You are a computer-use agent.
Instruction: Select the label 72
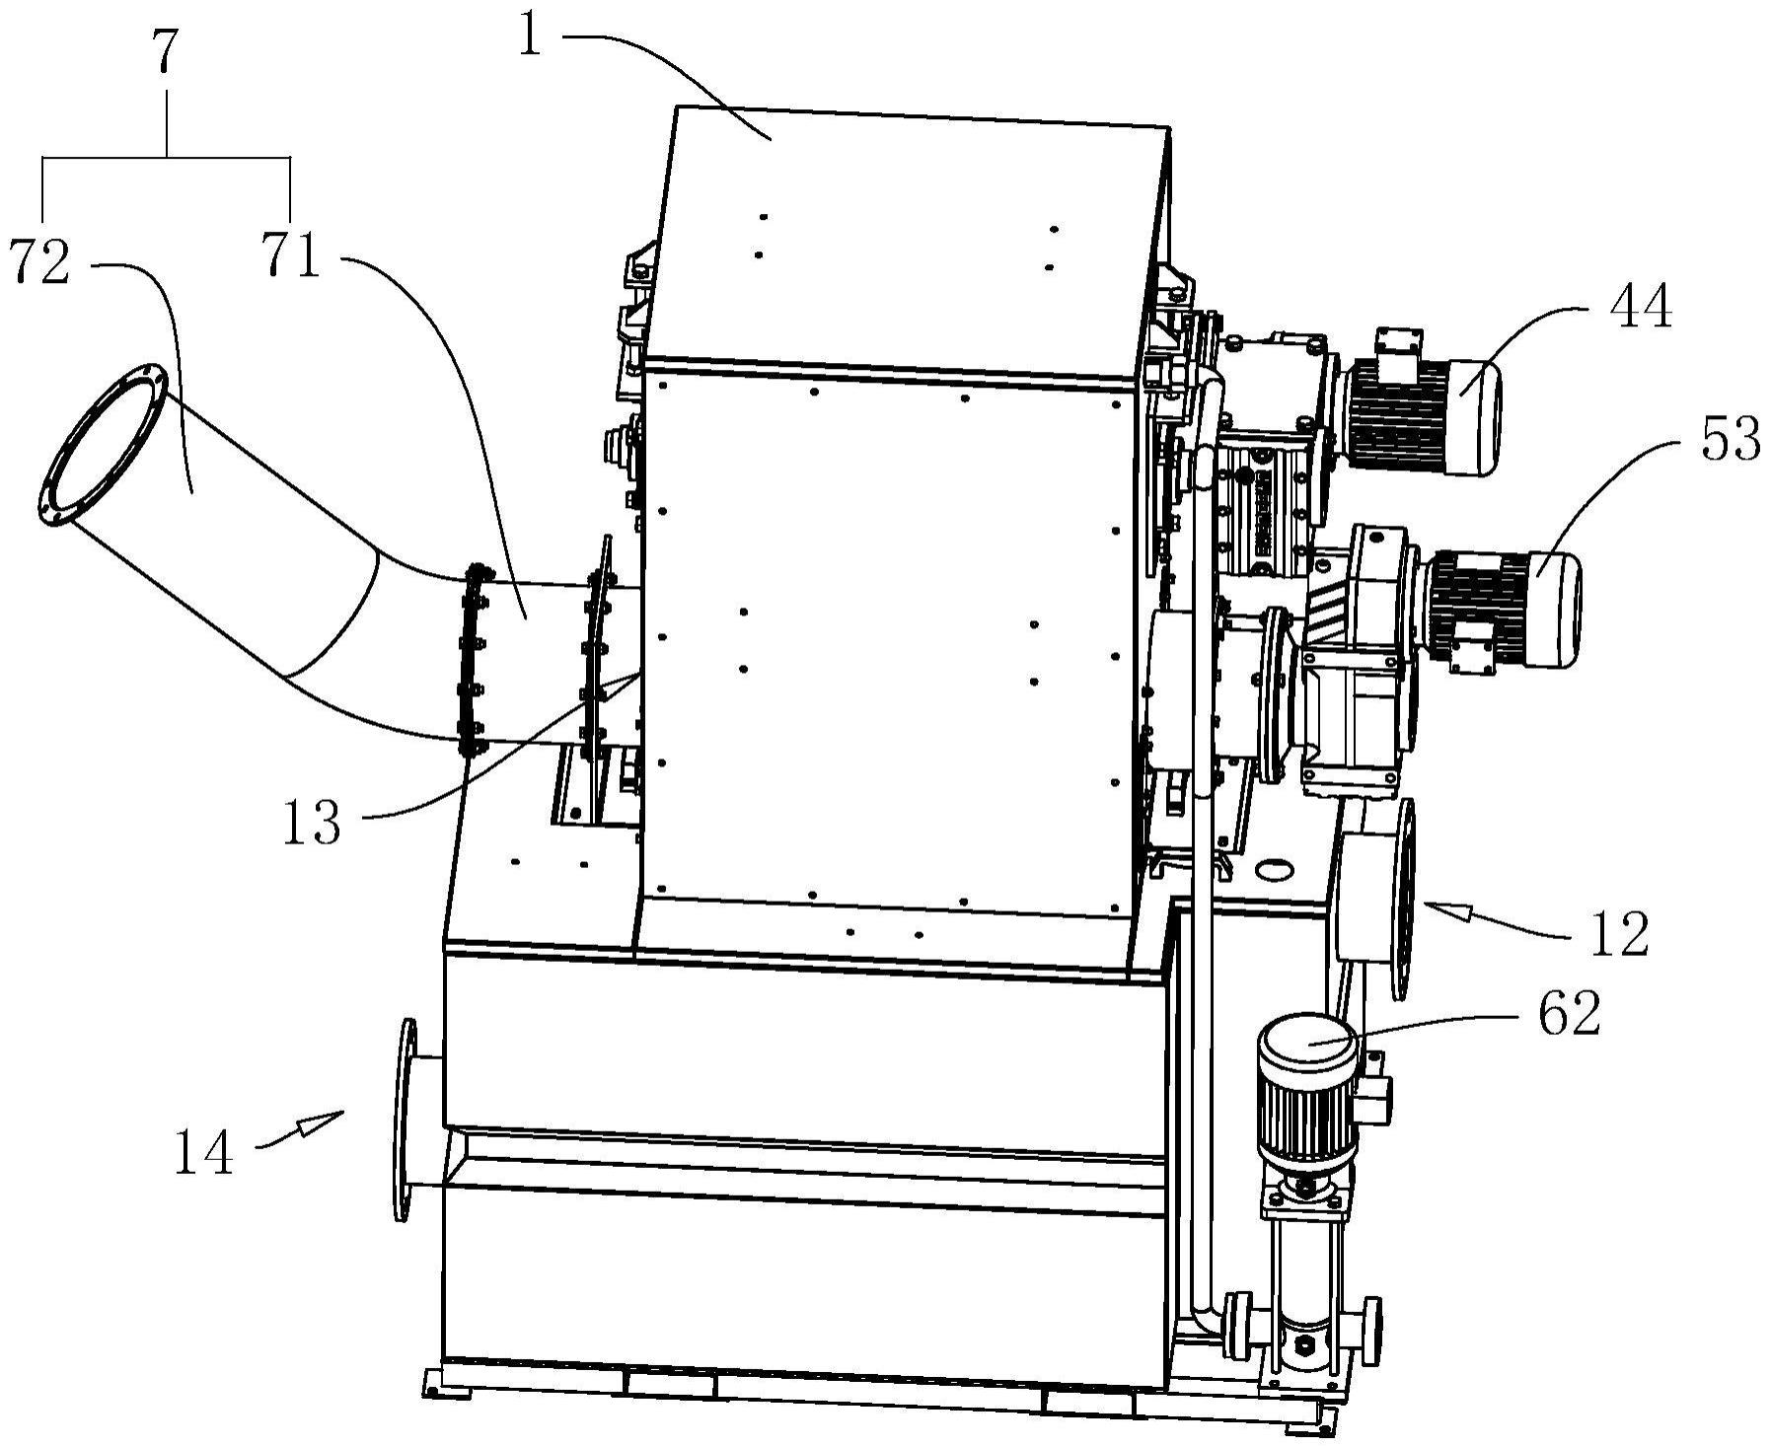[x=39, y=262]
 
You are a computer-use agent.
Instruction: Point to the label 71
[x=291, y=255]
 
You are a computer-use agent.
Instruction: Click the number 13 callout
[x=312, y=823]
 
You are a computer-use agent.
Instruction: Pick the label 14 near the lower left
[x=204, y=1152]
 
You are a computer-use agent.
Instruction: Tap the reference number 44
[x=1641, y=308]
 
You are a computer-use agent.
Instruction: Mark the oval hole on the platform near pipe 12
[x=1274, y=869]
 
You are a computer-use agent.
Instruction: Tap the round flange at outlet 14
[x=403, y=1120]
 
